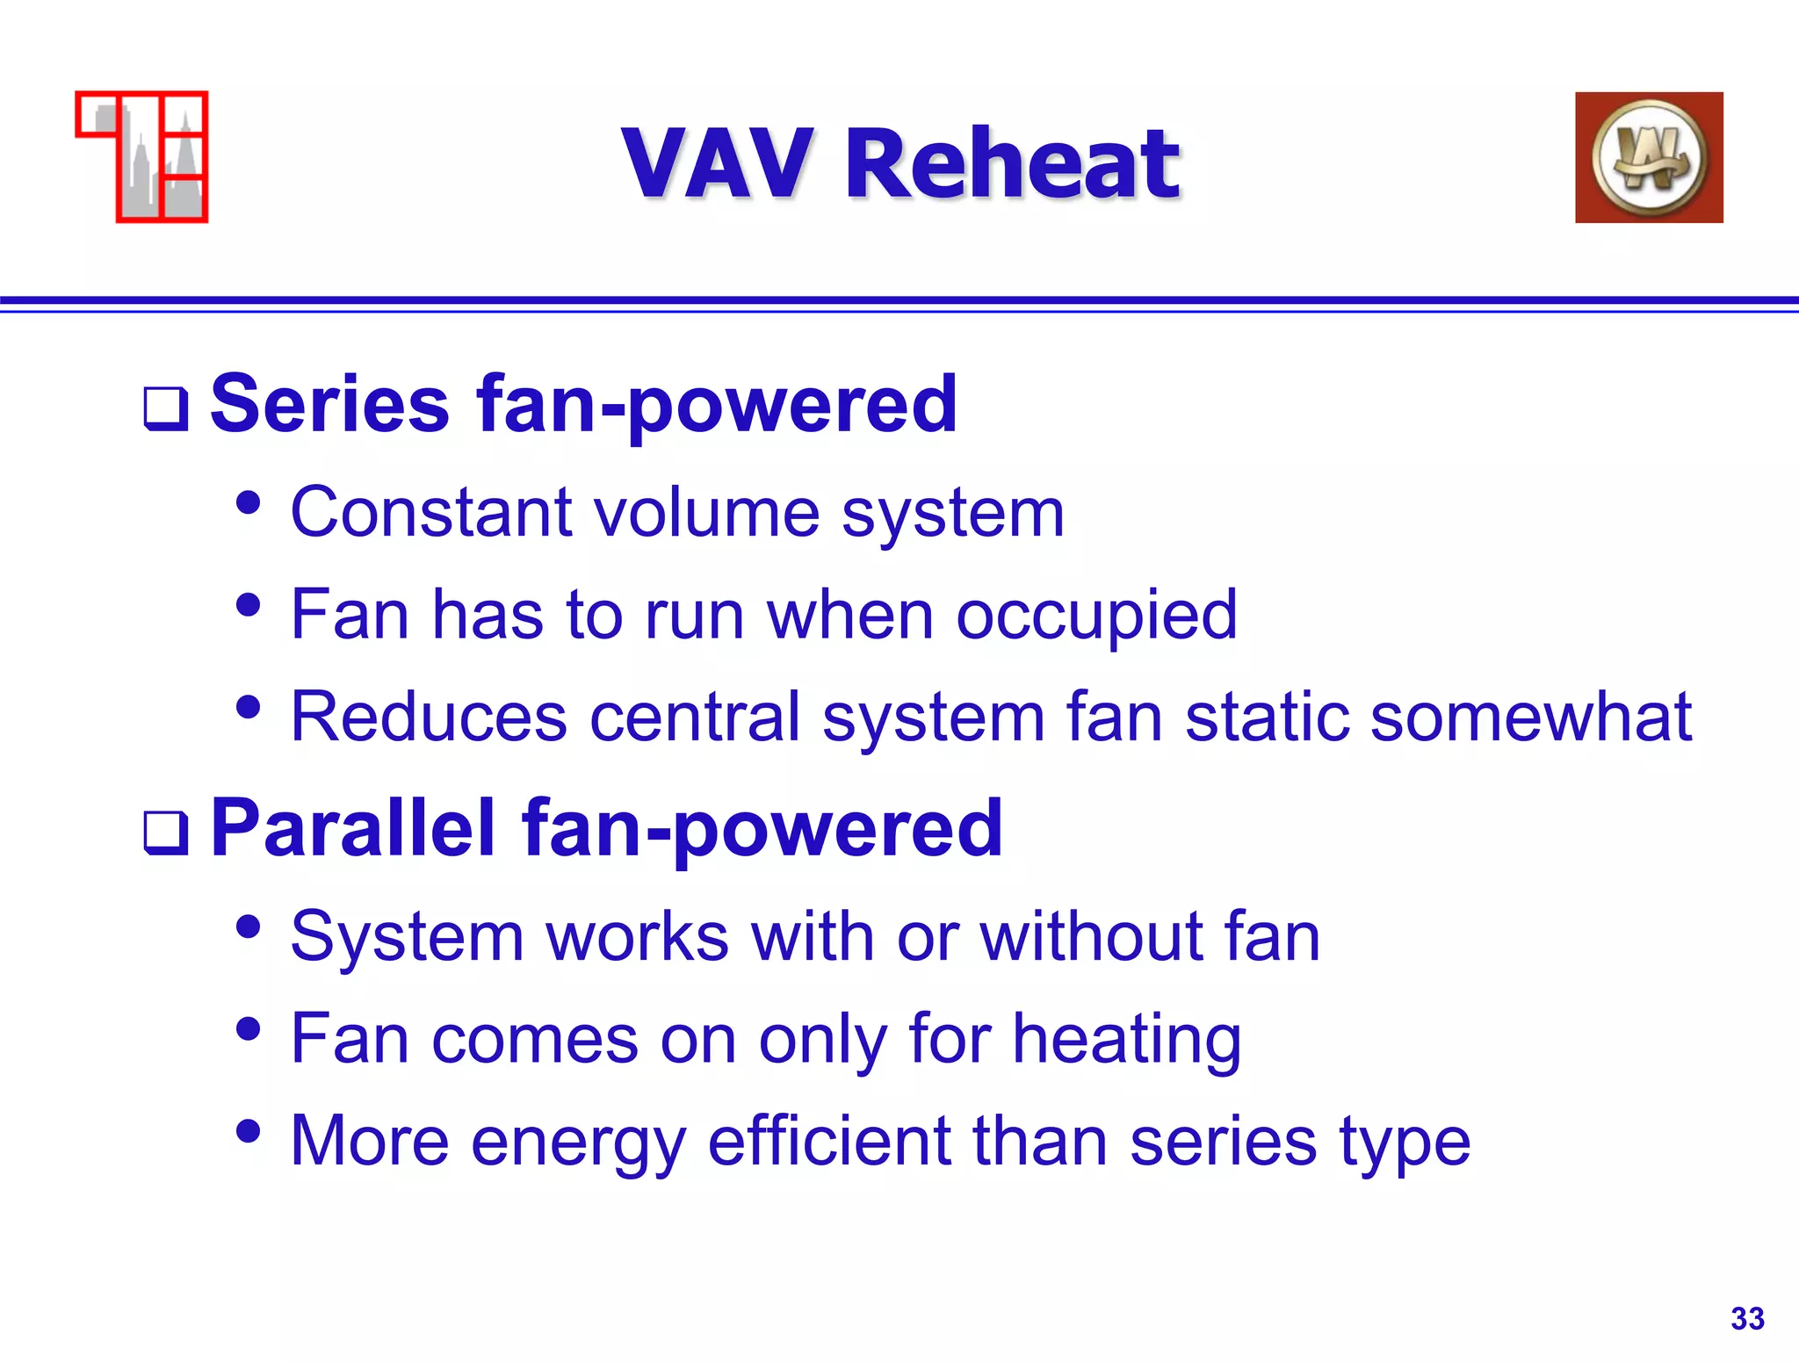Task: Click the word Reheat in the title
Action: (1012, 163)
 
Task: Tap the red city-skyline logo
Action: (142, 156)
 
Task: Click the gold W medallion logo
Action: (1648, 157)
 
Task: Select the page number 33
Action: (1746, 1318)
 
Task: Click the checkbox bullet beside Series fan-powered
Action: (166, 409)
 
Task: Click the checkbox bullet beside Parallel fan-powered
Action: (166, 833)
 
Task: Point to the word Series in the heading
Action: (329, 404)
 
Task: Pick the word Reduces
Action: (429, 717)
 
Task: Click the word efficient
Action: (828, 1142)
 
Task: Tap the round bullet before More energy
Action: (249, 1131)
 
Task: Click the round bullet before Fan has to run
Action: (249, 604)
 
